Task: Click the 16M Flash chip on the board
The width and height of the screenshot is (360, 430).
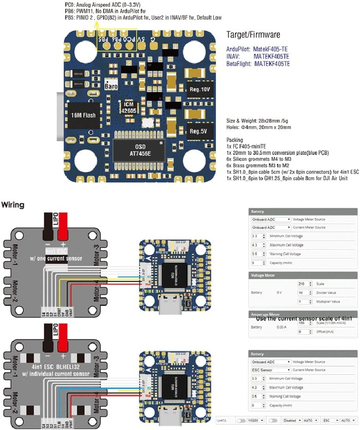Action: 83,115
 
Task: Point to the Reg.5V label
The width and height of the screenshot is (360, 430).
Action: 199,131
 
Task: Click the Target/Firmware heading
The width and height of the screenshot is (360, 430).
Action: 253,35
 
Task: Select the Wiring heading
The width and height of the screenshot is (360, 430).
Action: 13,204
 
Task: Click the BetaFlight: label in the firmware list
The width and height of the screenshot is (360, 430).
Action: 238,64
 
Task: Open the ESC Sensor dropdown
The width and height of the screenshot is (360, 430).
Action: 271,370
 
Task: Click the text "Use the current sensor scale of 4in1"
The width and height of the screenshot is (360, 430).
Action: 304,318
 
